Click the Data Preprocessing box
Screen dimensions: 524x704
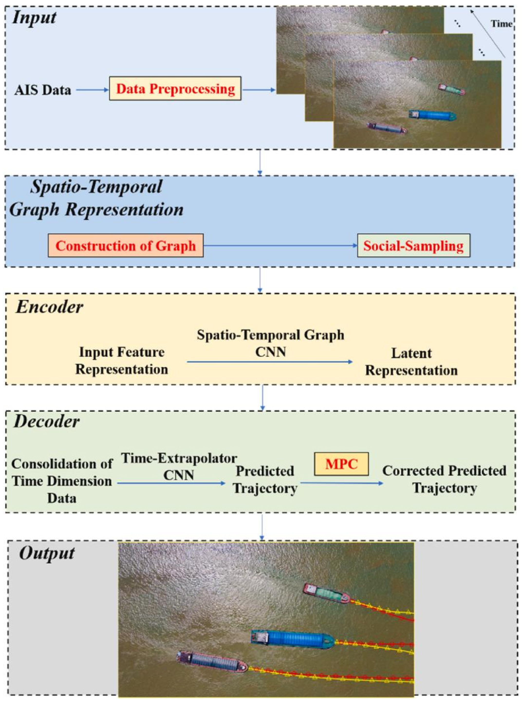click(175, 88)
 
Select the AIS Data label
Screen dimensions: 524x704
click(43, 90)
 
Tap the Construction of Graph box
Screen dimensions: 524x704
click(126, 246)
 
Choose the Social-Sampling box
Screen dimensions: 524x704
click(414, 246)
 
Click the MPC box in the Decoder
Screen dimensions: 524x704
click(341, 464)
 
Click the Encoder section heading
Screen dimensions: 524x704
click(49, 307)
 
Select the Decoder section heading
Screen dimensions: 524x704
click(47, 422)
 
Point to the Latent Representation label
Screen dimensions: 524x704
click(412, 362)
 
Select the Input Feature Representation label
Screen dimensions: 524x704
click(122, 361)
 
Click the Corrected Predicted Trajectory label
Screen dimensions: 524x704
click(444, 479)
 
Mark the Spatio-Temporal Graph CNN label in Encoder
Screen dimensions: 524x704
click(271, 343)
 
